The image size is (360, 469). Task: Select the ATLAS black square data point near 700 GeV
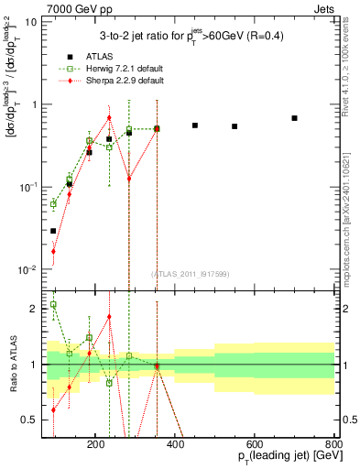294,118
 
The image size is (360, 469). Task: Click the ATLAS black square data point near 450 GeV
194,125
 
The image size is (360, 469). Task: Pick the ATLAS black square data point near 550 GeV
235,126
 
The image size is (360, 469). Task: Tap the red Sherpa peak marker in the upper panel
109,118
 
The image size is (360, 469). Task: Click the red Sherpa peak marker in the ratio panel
109,317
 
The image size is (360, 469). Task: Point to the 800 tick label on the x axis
333,443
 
